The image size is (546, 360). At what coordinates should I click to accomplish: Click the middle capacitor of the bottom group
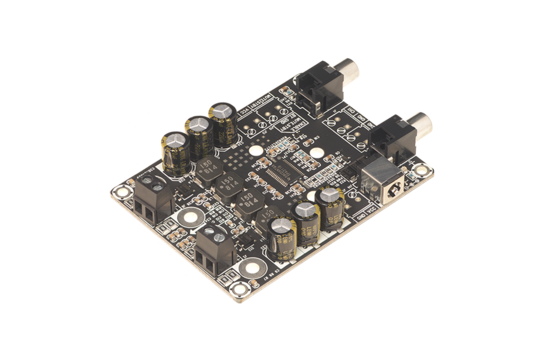303,221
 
